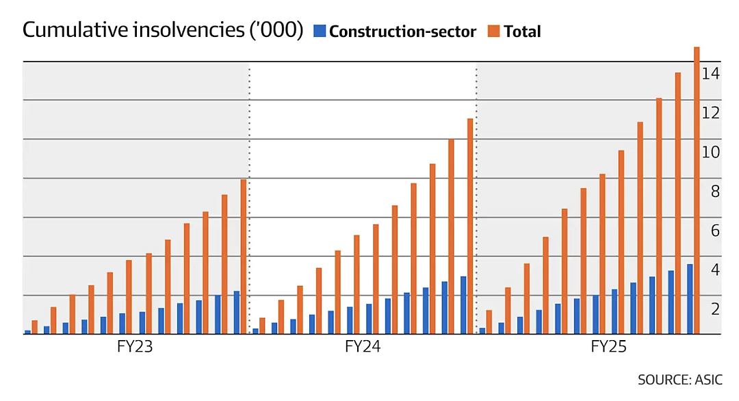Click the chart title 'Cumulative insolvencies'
coord(133,30)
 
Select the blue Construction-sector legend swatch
coord(320,31)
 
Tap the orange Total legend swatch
coord(493,31)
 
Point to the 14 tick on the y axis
coord(711,73)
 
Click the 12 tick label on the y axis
coord(711,113)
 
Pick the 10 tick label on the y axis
coord(711,152)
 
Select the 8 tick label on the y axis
coord(716,192)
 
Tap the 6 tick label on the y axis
coord(716,231)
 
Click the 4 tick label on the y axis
coord(716,270)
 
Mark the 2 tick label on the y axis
coord(716,309)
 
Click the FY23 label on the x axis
coord(135,347)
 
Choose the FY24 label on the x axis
coord(363,347)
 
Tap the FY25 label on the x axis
coord(608,347)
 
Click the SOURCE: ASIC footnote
coord(679,380)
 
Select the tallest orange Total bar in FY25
coord(697,190)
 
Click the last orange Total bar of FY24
coord(470,227)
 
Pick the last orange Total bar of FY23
coord(243,257)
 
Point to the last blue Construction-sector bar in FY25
coord(690,299)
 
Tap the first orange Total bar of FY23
coord(34,327)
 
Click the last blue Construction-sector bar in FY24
coord(463,305)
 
